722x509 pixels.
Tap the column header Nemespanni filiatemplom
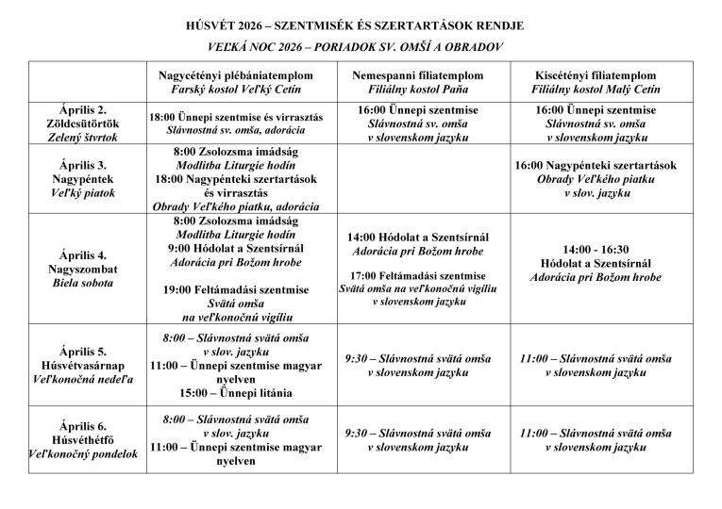tap(420, 82)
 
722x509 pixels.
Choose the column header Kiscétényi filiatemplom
tap(595, 82)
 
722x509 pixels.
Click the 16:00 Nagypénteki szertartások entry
tap(595, 165)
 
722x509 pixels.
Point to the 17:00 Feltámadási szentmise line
tap(420, 275)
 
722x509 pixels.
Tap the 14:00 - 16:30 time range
tap(595, 249)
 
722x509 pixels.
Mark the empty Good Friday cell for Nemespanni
tap(420, 178)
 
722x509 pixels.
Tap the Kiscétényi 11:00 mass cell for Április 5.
tap(595, 366)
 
